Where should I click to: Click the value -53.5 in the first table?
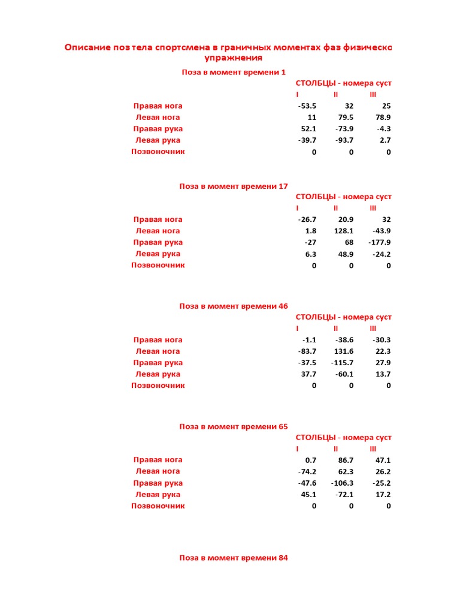click(x=307, y=106)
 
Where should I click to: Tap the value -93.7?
click(x=344, y=140)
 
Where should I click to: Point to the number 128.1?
click(x=343, y=231)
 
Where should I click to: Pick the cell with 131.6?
click(x=343, y=351)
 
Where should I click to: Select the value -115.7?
click(x=342, y=363)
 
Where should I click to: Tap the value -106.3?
click(x=342, y=483)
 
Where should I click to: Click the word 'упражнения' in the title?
click(x=234, y=58)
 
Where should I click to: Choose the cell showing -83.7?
click(x=307, y=351)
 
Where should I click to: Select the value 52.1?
click(x=308, y=129)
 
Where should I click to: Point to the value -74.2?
click(x=307, y=471)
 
